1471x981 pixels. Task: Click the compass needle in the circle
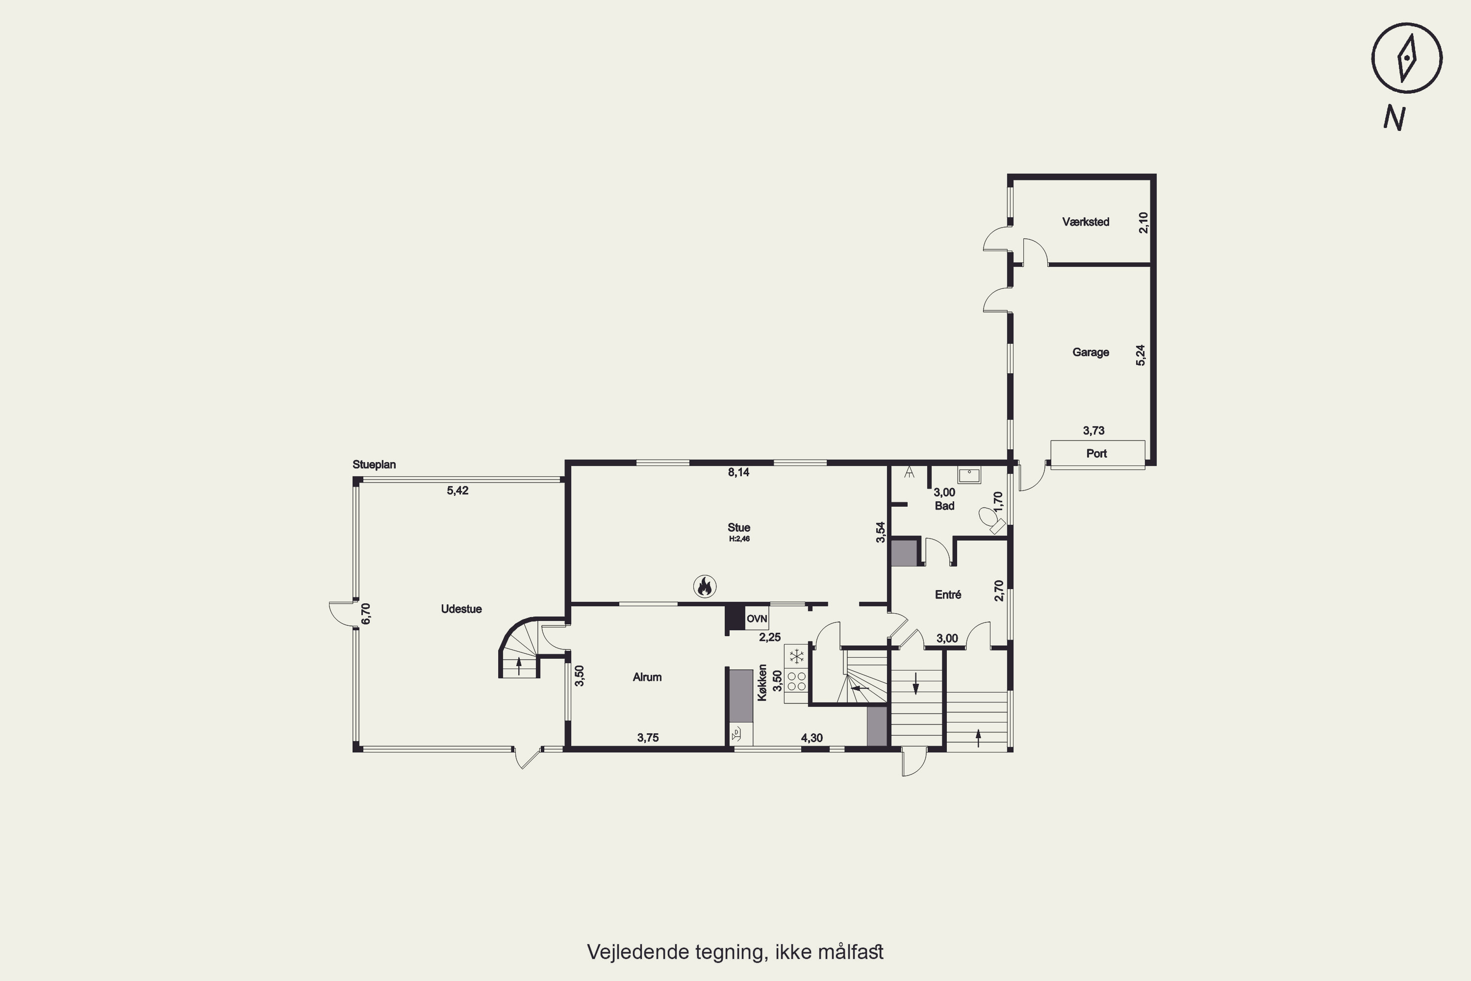click(1407, 59)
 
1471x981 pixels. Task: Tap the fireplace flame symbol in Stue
click(705, 586)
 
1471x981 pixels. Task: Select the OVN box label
click(757, 619)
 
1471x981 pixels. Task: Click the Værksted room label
click(1086, 222)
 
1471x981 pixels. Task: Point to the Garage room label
click(1091, 352)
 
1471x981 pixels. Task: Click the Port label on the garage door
click(1096, 454)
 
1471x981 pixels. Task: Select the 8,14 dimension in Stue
click(738, 472)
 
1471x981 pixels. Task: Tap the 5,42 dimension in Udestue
click(458, 490)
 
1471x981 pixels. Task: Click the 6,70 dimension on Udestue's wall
click(366, 613)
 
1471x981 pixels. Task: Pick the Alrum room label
click(647, 677)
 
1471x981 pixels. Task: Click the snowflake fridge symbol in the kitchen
click(797, 656)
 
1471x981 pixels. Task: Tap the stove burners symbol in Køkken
click(797, 681)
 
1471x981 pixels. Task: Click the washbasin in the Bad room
click(969, 475)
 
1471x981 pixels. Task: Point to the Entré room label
click(948, 594)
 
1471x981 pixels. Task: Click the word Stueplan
click(374, 465)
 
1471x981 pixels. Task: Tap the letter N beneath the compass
click(1394, 118)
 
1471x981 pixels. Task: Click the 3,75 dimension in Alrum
click(648, 738)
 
